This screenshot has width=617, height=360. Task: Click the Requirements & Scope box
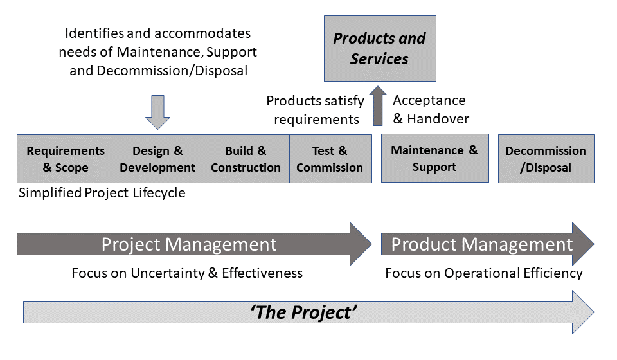[65, 159]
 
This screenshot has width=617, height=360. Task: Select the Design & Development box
[157, 159]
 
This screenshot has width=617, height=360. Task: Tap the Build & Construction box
[246, 159]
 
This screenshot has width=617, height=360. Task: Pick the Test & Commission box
[330, 159]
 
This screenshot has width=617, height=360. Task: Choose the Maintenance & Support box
[434, 158]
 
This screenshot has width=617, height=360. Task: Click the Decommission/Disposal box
[546, 159]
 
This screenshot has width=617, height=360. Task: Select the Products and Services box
[379, 49]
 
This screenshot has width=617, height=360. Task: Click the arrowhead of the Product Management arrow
[582, 244]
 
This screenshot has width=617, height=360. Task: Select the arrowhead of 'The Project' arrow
[582, 312]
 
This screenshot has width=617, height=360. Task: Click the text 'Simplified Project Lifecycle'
[102, 193]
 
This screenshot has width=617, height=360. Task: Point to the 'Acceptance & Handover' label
[430, 109]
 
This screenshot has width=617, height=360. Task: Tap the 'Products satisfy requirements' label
[315, 109]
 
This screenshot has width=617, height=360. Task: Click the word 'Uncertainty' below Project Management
[167, 273]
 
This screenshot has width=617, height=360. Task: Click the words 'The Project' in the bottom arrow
[303, 312]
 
